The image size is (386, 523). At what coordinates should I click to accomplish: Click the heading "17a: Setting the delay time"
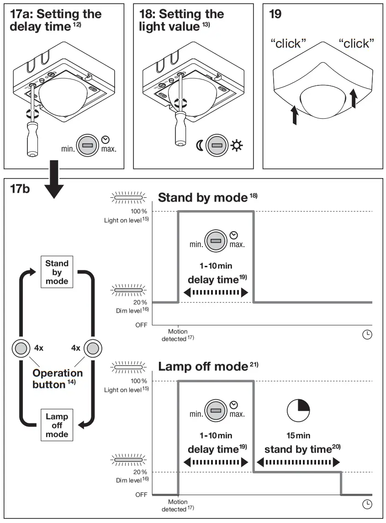[x=55, y=20]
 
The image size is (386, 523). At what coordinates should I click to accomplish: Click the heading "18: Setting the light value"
[x=181, y=20]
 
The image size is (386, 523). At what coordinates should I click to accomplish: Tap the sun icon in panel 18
[x=237, y=146]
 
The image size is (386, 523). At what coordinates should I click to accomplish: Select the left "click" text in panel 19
[x=288, y=44]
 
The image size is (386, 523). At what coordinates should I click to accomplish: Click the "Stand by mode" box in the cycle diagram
[x=57, y=272]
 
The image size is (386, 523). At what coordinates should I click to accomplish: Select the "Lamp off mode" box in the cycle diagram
[x=57, y=425]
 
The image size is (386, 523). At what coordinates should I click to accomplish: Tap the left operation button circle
[x=21, y=348]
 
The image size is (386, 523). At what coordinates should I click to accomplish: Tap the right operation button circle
[x=93, y=348]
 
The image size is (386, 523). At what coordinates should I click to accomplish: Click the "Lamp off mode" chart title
[x=203, y=366]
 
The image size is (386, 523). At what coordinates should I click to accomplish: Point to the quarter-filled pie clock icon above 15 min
[x=298, y=410]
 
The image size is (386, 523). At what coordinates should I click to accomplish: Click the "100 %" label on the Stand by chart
[x=137, y=211]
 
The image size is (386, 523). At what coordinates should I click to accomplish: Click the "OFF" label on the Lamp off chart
[x=141, y=494]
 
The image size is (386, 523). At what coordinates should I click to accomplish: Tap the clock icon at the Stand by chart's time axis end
[x=367, y=335]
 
